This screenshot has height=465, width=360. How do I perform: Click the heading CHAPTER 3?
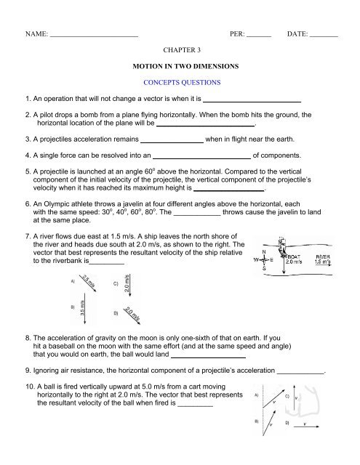[x=180, y=52]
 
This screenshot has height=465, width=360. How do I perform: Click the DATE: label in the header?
[x=297, y=33]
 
